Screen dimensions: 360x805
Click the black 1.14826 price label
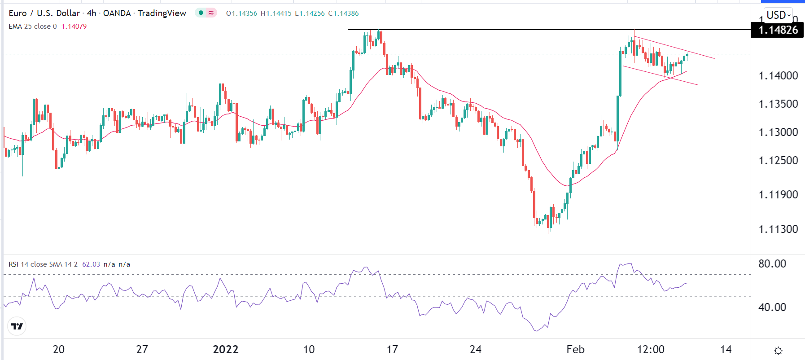point(778,30)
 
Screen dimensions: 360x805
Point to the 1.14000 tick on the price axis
point(778,75)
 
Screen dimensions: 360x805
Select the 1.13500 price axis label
point(778,104)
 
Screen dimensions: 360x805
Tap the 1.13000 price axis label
point(778,132)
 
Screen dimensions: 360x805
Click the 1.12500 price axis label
point(778,160)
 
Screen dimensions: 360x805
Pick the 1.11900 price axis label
point(778,194)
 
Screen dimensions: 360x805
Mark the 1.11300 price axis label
point(778,229)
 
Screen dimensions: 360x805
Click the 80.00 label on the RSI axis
point(772,263)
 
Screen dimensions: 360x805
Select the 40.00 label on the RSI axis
point(772,307)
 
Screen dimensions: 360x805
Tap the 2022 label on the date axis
point(225,349)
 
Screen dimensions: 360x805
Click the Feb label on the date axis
point(575,349)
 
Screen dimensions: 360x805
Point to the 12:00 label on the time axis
point(651,349)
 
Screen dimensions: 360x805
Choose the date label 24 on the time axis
point(475,349)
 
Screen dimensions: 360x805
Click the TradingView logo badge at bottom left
point(17,326)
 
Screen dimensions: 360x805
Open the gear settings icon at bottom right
point(779,351)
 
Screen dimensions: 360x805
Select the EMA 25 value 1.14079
point(74,26)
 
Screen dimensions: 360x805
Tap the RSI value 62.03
point(91,264)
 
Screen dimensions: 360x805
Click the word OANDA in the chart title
point(117,13)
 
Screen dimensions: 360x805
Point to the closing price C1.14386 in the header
point(343,13)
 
